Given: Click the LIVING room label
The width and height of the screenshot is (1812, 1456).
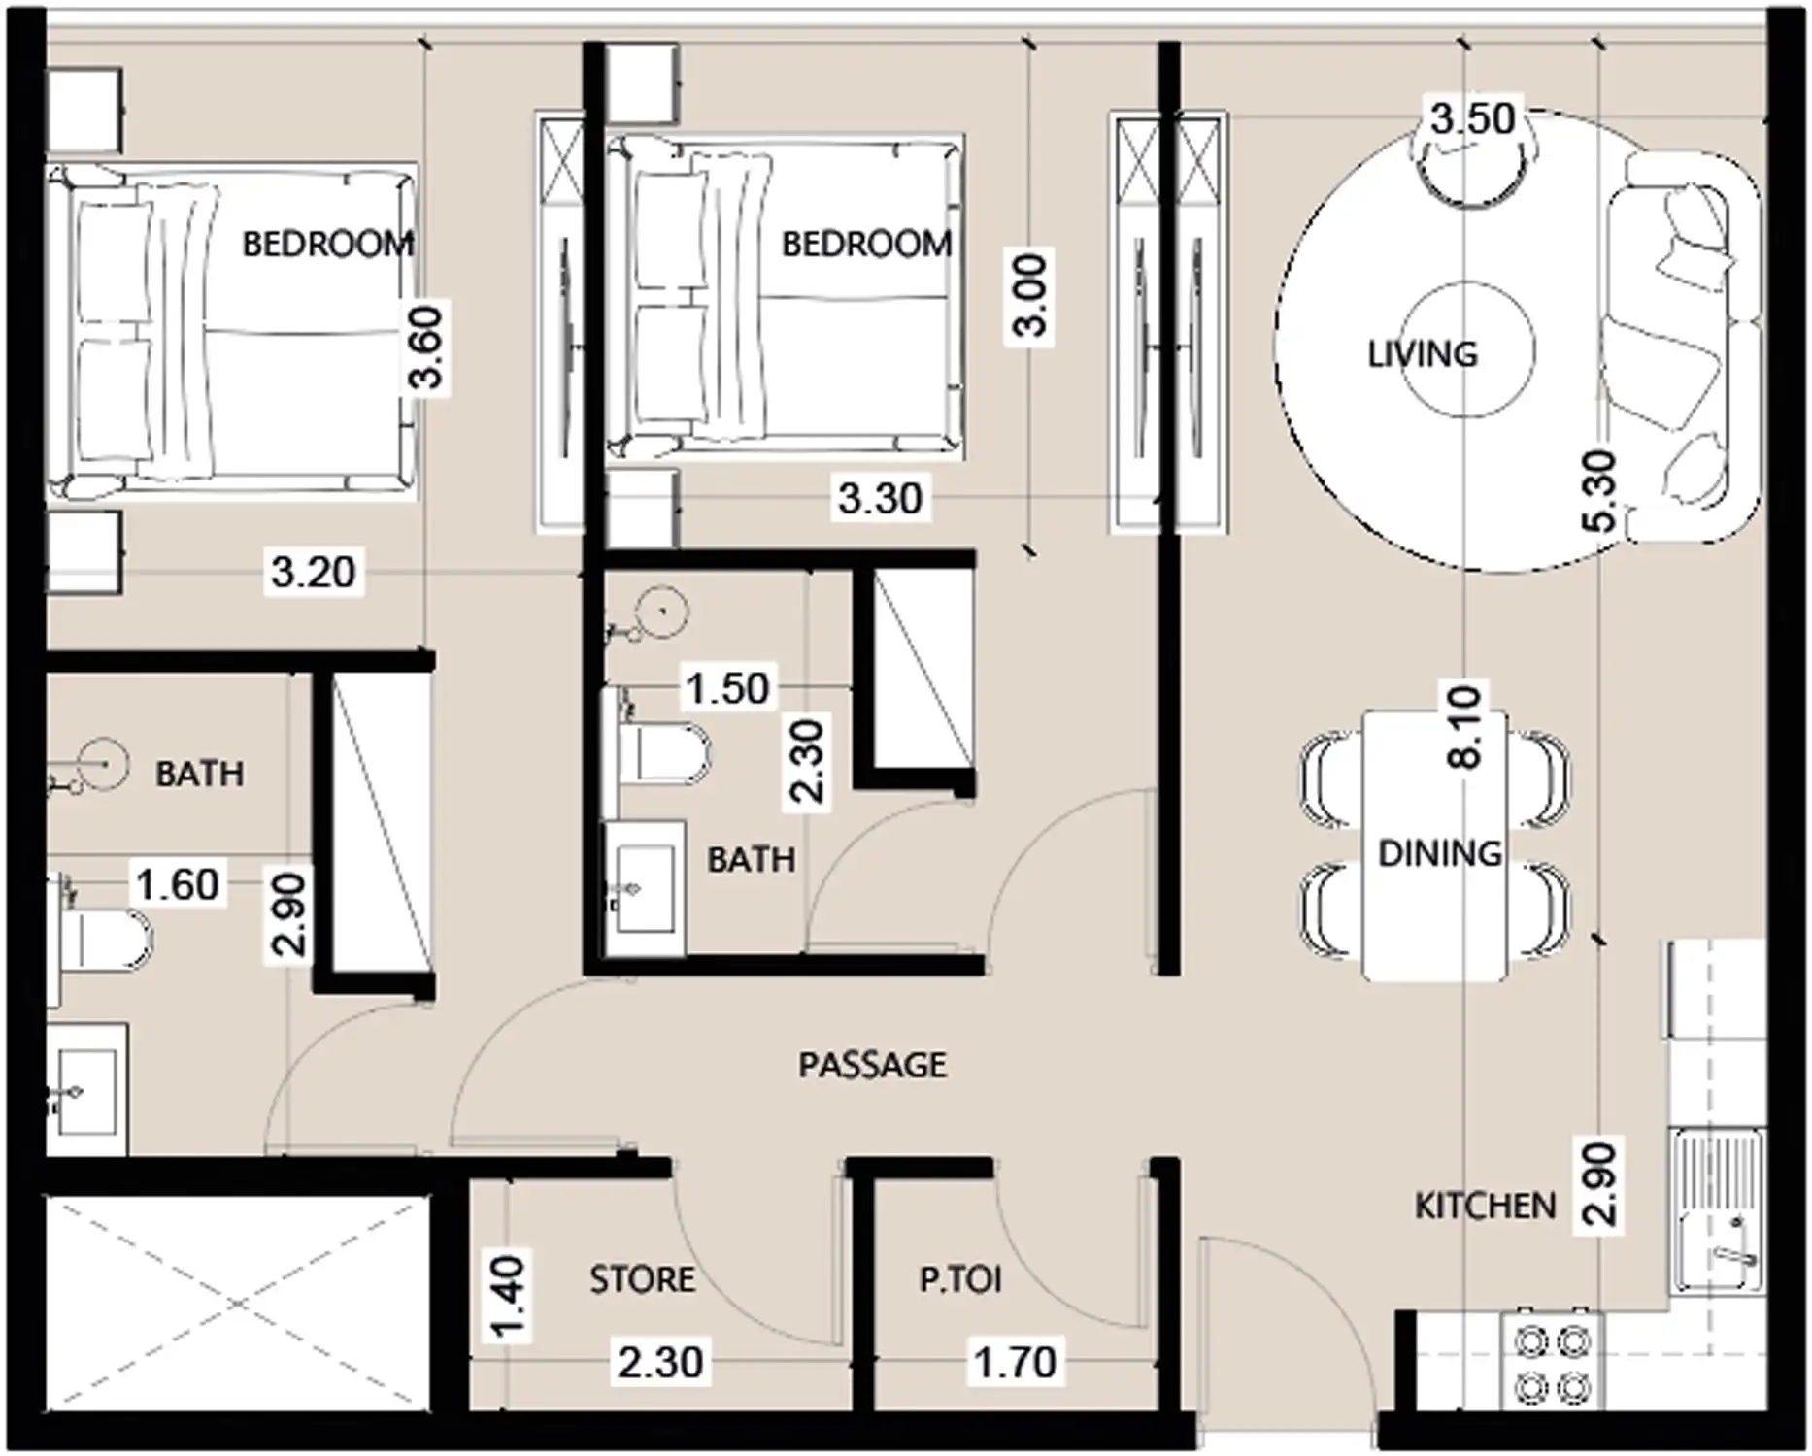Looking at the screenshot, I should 1422,354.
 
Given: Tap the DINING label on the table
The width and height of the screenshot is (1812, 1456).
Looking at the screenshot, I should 1439,853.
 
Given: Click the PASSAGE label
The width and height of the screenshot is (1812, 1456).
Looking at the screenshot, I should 871,1065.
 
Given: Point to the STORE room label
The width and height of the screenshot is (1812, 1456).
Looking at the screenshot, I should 642,1279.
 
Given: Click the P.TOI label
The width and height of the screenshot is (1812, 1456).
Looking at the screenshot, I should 959,1279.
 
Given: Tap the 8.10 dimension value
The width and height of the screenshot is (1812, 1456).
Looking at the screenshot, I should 1464,727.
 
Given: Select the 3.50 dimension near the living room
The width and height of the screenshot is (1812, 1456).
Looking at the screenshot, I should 1472,118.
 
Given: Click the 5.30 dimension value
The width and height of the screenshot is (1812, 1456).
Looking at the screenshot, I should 1598,491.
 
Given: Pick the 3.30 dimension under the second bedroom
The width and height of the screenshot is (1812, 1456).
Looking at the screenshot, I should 879,499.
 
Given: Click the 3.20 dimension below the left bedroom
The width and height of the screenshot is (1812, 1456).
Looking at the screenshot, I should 313,572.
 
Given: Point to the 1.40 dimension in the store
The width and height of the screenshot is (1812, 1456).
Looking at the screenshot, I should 508,1297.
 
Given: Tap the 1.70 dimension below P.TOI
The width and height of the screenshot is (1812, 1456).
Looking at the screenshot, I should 1015,1362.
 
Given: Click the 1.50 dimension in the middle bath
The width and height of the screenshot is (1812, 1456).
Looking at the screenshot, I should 727,688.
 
